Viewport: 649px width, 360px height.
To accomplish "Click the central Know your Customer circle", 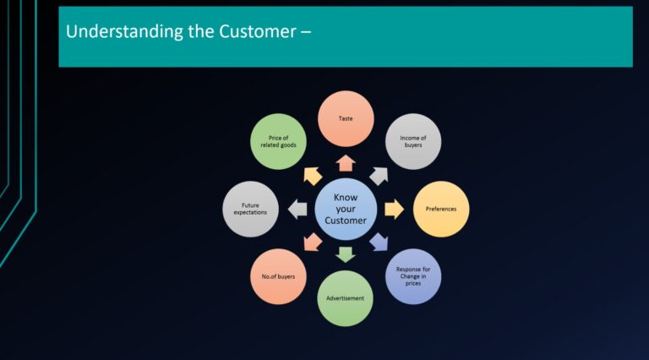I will click(346, 209).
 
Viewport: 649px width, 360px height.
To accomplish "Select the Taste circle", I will click(346, 119).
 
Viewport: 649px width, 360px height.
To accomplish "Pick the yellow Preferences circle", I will click(441, 209).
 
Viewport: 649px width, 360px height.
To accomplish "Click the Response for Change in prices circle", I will click(413, 276).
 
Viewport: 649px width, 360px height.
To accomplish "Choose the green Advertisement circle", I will click(346, 298).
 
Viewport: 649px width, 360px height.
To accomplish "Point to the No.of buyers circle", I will click(278, 276).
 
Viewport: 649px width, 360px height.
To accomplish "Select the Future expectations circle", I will click(249, 209).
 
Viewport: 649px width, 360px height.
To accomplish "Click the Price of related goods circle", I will click(278, 141).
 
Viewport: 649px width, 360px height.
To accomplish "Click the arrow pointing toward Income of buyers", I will click(379, 175).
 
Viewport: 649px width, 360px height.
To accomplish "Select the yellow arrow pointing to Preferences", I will click(394, 209).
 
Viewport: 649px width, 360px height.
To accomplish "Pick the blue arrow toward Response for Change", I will click(379, 243).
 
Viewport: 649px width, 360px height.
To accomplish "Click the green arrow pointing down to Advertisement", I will click(346, 255).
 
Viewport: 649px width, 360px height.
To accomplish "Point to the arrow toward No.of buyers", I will click(312, 243).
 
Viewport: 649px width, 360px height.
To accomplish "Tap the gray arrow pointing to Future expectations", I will click(297, 209).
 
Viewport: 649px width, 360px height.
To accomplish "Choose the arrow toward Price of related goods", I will click(312, 175).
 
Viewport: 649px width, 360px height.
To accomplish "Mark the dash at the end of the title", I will click(306, 33).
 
